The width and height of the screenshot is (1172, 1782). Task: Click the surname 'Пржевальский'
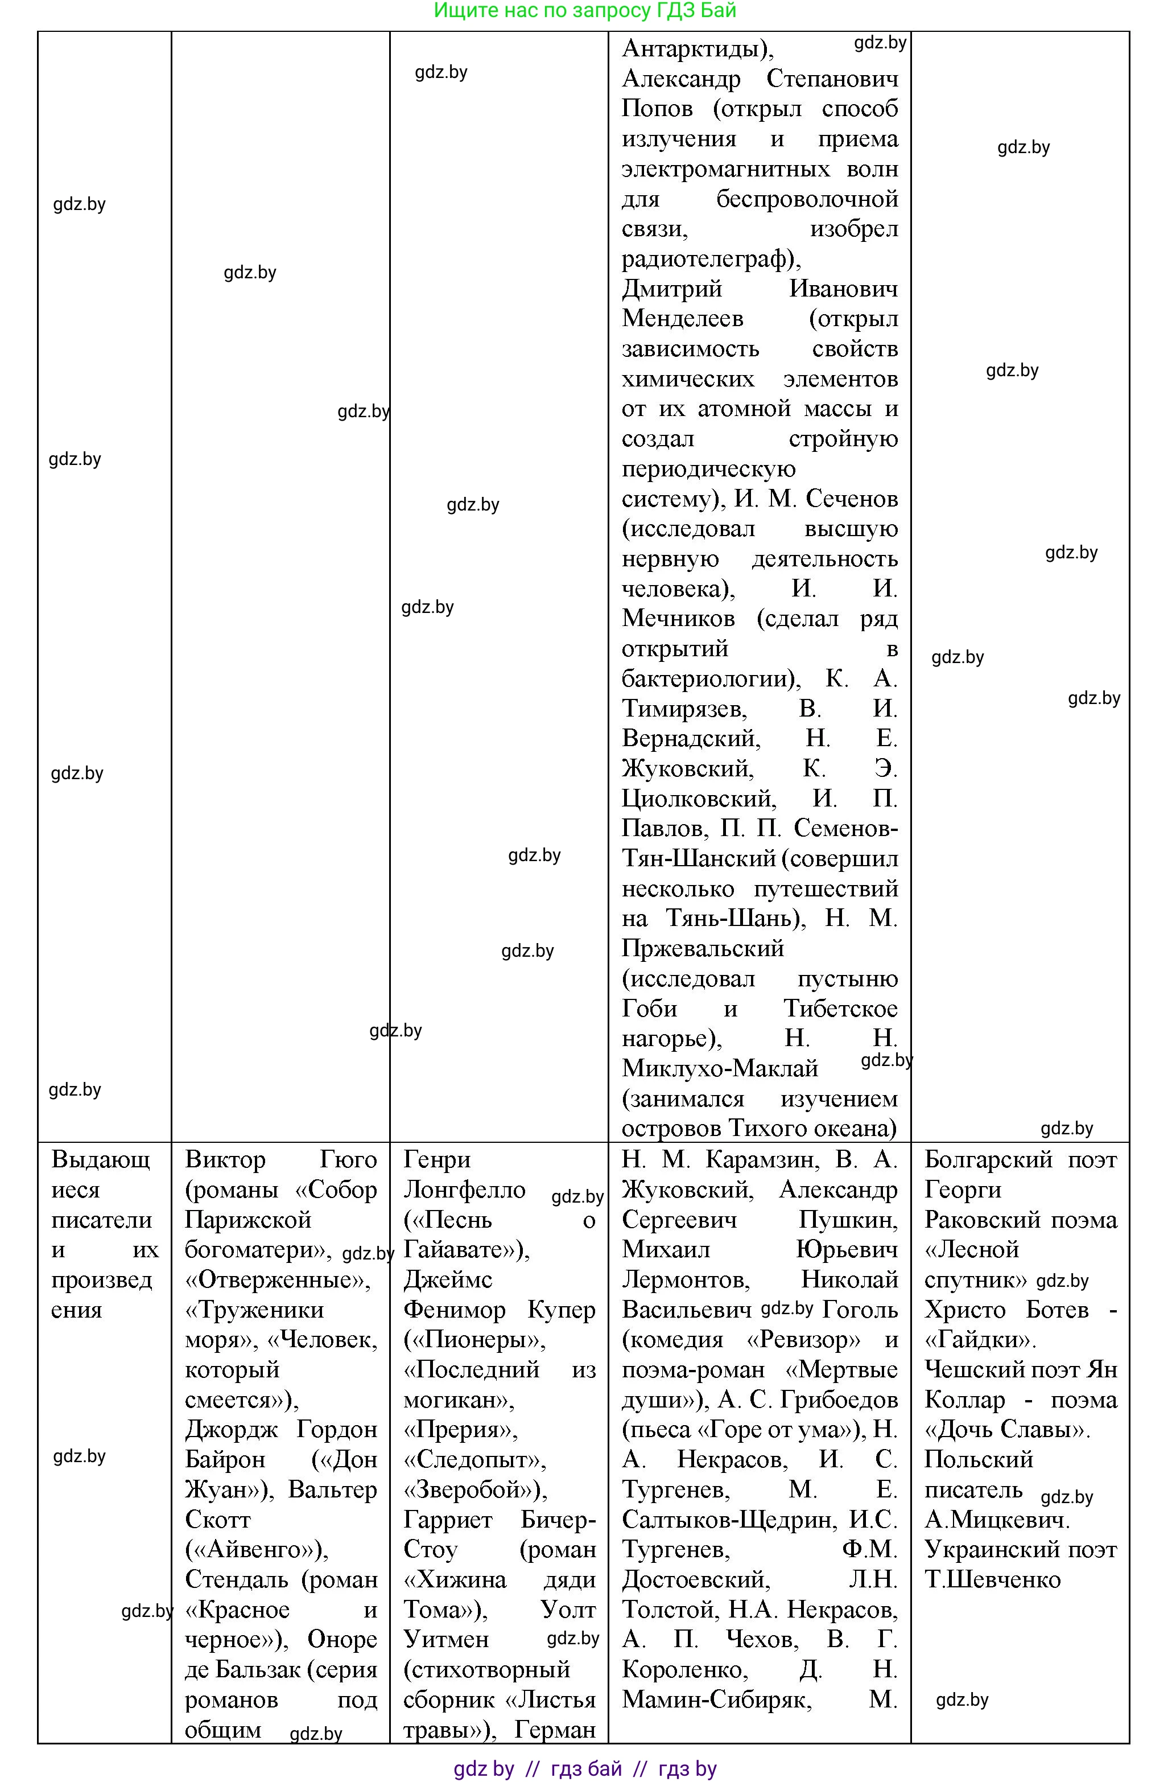click(702, 949)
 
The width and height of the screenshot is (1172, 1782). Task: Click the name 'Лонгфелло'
click(464, 1190)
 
